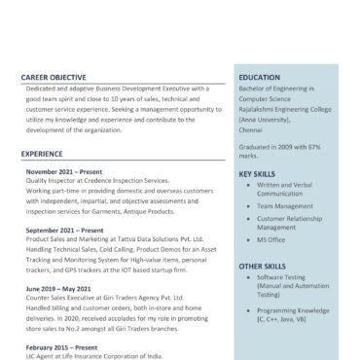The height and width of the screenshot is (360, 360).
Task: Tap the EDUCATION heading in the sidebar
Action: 260,77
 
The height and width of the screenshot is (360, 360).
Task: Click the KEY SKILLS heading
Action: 258,174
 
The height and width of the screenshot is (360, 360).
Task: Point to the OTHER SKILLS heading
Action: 263,266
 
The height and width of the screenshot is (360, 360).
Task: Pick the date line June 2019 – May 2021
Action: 65,289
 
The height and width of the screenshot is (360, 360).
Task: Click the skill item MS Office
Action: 271,239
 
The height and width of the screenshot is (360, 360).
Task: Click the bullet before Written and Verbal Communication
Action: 247,185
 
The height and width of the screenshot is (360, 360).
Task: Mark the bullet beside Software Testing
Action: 247,277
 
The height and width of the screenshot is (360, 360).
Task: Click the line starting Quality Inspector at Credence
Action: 97,181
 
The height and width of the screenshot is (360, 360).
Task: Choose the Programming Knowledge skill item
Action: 293,309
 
